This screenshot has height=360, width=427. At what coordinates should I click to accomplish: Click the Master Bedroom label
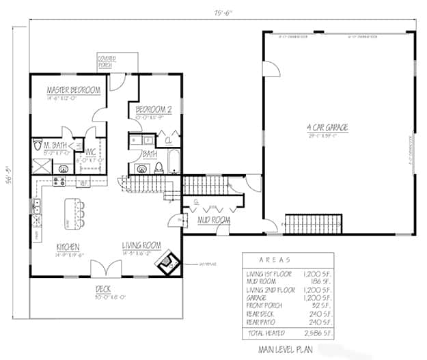[x=74, y=90]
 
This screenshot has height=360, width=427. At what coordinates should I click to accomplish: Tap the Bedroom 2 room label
[x=153, y=109]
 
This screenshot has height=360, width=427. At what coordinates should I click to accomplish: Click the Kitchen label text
[x=70, y=246]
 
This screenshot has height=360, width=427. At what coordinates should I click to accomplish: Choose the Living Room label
[x=141, y=245]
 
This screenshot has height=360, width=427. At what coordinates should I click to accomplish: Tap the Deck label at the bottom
[x=105, y=288]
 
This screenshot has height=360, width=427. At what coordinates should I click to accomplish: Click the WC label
[x=90, y=152]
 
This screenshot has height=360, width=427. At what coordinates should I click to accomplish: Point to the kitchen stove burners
[x=59, y=181]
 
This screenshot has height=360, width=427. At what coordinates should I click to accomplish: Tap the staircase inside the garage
[x=313, y=223]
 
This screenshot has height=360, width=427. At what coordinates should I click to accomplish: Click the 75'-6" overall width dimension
[x=219, y=12]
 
